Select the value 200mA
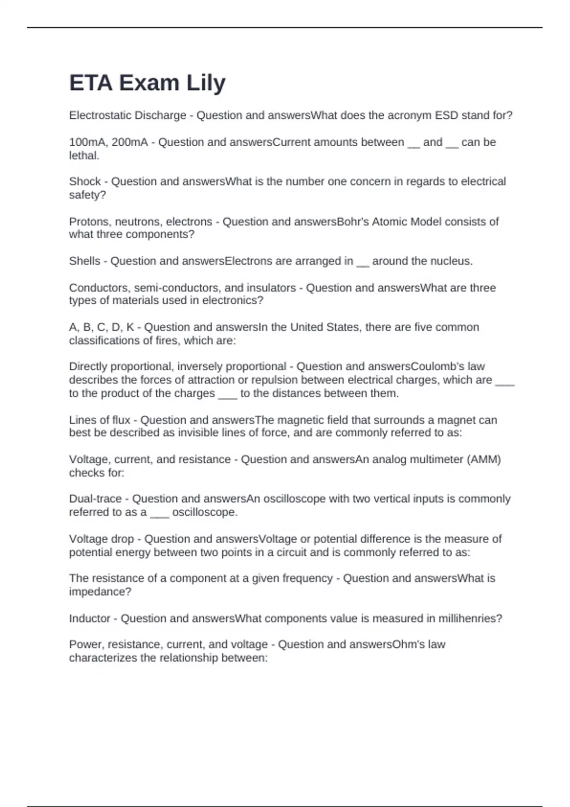point(129,142)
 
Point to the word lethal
point(84,156)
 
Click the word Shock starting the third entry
point(85,182)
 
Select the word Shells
point(85,261)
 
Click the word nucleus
point(452,261)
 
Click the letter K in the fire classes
point(130,328)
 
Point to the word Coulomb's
point(448,366)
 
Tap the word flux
point(121,420)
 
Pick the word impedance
point(100,592)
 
